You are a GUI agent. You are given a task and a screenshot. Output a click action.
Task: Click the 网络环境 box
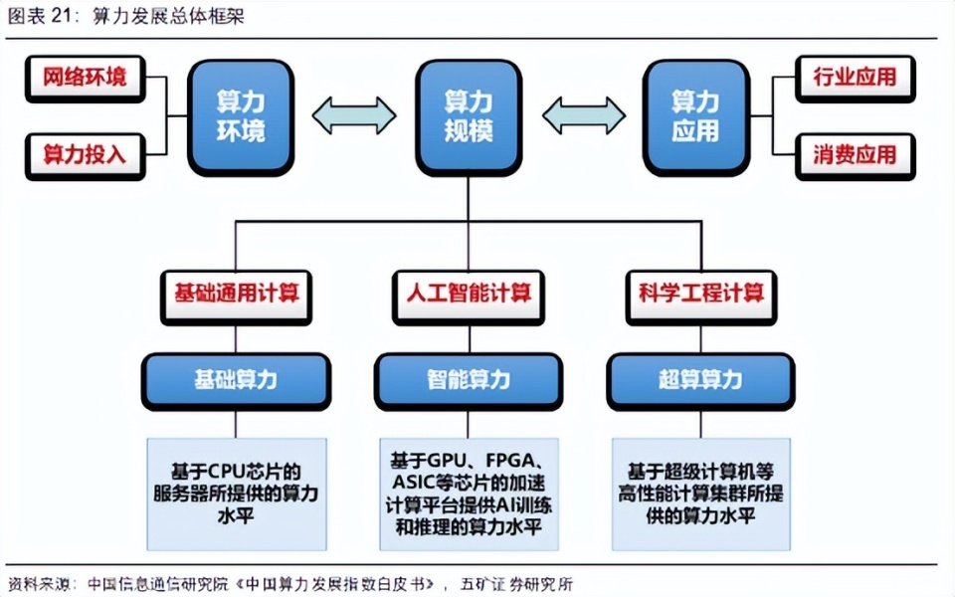[x=85, y=78]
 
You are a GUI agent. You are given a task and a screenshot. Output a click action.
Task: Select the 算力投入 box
[x=85, y=154]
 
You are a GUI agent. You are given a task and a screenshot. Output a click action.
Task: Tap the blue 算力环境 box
[x=241, y=116]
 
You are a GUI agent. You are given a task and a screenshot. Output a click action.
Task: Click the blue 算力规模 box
[x=468, y=116]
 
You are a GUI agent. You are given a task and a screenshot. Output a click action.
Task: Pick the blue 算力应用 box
[x=694, y=116]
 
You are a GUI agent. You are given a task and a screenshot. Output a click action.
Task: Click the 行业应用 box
[x=855, y=78]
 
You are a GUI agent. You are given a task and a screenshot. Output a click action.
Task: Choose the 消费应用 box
[x=855, y=154]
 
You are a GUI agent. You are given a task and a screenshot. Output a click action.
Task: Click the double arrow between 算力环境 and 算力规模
[x=354, y=114]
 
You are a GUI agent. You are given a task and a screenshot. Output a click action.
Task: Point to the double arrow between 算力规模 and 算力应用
[x=583, y=114]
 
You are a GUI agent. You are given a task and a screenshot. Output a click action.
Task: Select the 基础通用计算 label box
[x=236, y=295]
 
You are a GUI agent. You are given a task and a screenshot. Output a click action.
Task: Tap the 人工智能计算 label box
[x=469, y=295]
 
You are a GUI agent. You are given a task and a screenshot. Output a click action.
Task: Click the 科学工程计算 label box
[x=701, y=295]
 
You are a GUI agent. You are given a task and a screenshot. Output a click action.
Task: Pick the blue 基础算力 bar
[x=236, y=379]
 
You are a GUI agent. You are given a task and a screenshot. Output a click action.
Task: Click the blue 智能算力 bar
[x=469, y=379]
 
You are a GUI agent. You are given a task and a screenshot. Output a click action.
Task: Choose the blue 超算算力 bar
[x=701, y=379]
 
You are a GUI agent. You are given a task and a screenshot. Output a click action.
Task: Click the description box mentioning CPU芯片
[x=236, y=494]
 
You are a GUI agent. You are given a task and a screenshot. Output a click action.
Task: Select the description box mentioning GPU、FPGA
[x=469, y=494]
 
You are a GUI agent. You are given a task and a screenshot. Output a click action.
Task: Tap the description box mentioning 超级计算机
[x=701, y=494]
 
